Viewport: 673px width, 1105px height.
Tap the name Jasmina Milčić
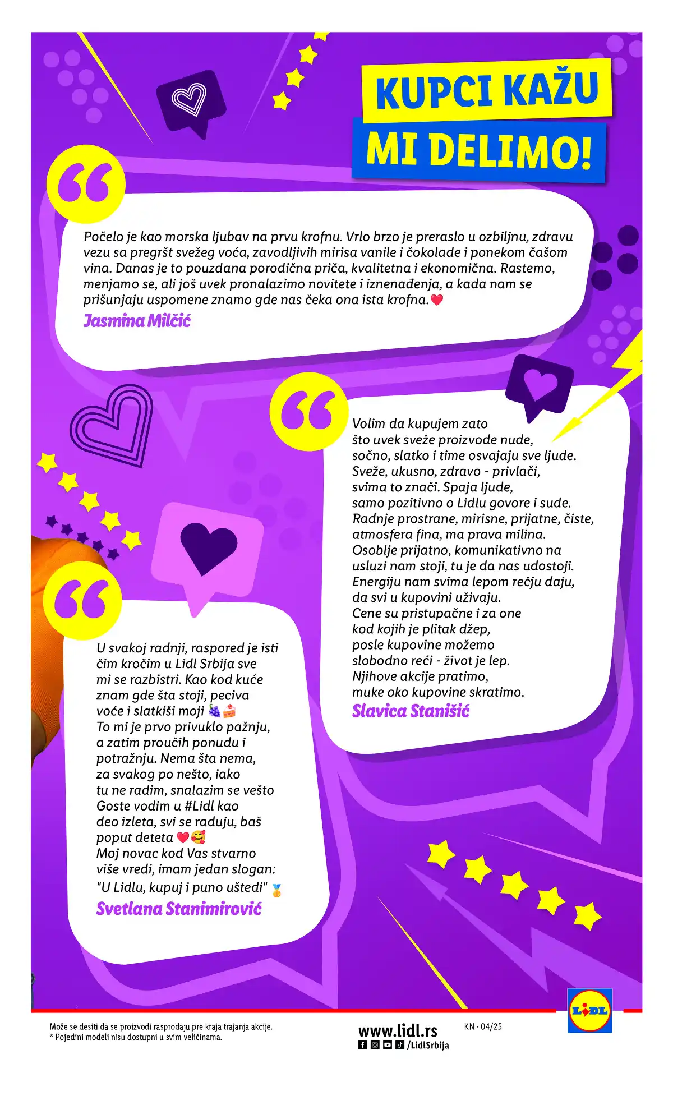pos(137,321)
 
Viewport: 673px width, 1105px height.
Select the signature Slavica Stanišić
pos(411,711)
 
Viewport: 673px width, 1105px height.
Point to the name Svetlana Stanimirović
pos(179,909)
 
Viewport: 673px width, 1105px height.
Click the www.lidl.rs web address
pos(398,1031)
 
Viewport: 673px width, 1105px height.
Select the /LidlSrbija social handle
pos(428,1046)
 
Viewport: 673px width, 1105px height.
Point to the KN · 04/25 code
pos(483,1027)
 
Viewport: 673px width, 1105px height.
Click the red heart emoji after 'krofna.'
pos(437,300)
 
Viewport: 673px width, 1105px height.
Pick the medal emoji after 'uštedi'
pos(276,890)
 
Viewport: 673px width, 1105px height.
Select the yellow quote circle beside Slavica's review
pos(308,411)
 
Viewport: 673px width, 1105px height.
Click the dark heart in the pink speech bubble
pos(209,546)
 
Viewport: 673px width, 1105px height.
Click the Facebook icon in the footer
pos(362,1046)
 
